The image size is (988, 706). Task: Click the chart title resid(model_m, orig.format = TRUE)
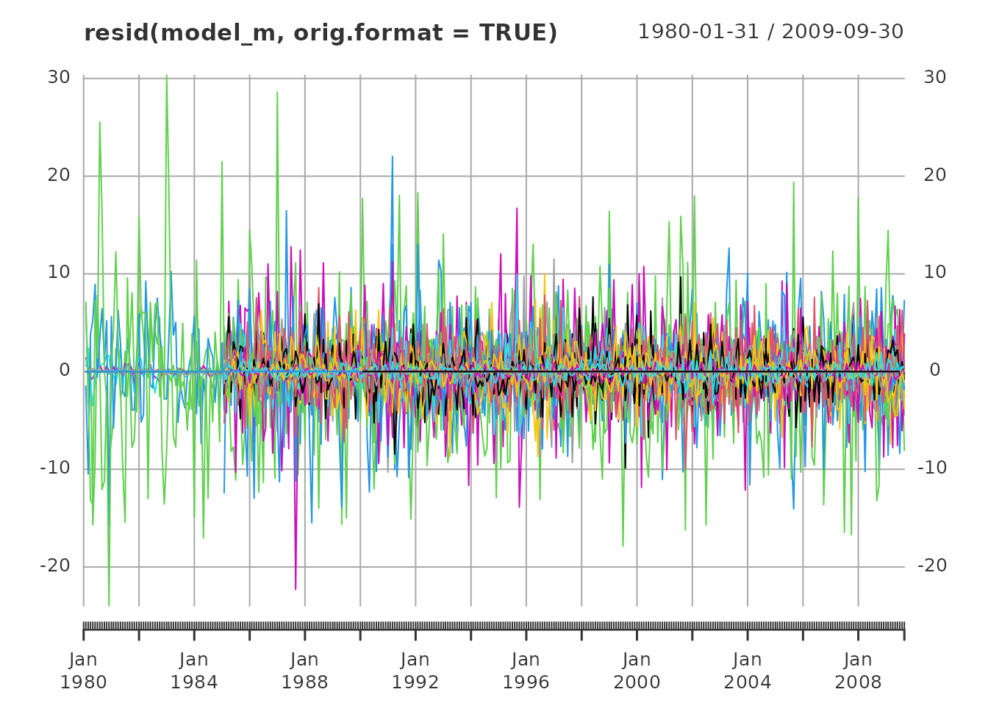point(321,33)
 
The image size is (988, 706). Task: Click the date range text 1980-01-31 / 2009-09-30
point(770,32)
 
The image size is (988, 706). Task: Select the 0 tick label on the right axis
point(935,371)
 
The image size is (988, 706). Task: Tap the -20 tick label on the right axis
point(932,566)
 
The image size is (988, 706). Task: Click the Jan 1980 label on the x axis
point(84,671)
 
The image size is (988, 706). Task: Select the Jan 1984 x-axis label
point(194,671)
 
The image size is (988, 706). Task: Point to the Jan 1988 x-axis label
point(305,671)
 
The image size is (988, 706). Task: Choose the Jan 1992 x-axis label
point(415,671)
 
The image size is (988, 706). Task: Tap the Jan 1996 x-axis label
point(526,671)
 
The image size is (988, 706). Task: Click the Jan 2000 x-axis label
point(637,671)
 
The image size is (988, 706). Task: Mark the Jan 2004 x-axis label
point(748,671)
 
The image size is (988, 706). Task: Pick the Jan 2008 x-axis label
point(858,671)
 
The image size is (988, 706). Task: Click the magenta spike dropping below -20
point(296,587)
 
